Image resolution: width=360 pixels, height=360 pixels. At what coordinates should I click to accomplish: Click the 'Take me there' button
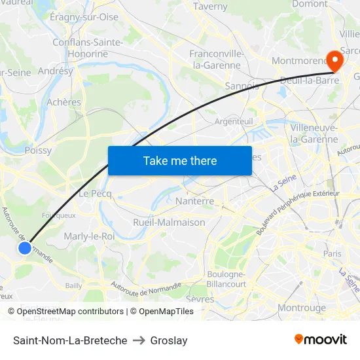pos(180,160)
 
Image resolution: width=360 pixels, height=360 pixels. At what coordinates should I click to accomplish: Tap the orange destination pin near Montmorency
pos(334,61)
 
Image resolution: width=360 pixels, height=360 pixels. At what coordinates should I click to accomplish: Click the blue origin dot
pos(25,248)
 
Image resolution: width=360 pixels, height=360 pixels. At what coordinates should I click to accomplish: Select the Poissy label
pos(38,150)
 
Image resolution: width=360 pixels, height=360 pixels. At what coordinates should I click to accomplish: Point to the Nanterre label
pos(194,201)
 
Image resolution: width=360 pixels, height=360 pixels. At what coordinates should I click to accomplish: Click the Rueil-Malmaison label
pos(169,222)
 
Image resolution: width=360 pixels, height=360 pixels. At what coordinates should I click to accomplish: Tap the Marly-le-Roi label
pos(89,236)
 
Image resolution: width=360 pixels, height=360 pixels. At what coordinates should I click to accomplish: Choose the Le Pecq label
pos(95,194)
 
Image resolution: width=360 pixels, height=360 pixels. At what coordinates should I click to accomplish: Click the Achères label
pos(64,102)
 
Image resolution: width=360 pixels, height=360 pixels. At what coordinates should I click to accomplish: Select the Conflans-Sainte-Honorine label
pos(88,48)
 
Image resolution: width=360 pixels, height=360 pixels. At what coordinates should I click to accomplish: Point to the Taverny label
pos(210,7)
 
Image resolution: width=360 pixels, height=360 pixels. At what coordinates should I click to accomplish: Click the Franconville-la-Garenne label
pos(217,60)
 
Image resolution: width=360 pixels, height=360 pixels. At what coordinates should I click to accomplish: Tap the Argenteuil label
pos(234,122)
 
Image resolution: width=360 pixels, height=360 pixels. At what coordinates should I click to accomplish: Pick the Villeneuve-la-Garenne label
pos(314,133)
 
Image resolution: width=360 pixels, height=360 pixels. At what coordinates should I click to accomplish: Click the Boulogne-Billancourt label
pos(226,279)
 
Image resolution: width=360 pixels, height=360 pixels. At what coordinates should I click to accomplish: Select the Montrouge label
pos(302,307)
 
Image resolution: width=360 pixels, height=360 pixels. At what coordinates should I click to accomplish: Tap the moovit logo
pos(321,340)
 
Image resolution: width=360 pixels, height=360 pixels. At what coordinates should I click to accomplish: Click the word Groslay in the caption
pos(169,340)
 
